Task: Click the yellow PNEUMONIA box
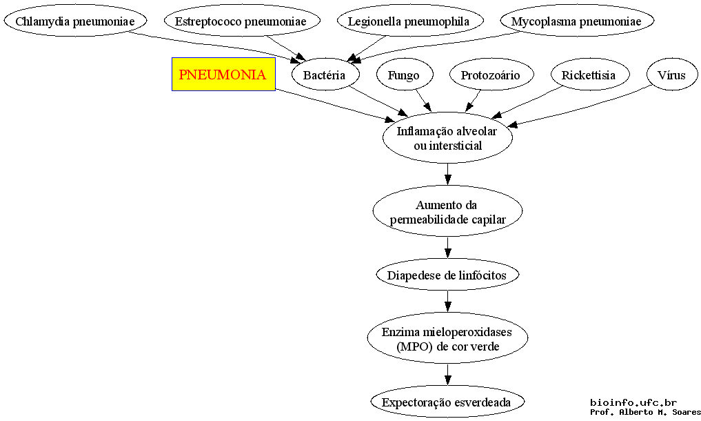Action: point(223,75)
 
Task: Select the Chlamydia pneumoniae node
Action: point(75,21)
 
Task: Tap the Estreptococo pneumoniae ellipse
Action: point(242,21)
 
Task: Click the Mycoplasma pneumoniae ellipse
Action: point(577,21)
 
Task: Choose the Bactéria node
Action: point(325,75)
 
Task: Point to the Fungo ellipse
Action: point(405,75)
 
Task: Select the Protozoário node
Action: point(491,75)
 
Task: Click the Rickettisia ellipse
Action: point(589,75)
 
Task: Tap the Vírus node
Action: point(672,75)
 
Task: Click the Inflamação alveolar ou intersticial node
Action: point(447,138)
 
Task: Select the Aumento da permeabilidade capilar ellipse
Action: point(447,211)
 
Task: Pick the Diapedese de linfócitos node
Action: point(447,275)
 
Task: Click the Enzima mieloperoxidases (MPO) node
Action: point(447,338)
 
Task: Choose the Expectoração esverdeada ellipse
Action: point(447,402)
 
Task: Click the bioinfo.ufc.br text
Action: point(633,402)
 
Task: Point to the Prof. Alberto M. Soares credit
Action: point(645,412)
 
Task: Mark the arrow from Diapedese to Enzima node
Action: point(447,302)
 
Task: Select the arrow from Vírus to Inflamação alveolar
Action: point(580,106)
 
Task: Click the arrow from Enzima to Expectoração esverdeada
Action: point(447,375)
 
